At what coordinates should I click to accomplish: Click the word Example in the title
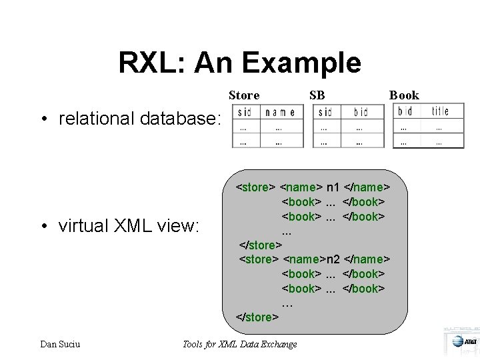301,63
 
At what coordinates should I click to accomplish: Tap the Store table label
244,95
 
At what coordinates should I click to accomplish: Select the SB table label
317,95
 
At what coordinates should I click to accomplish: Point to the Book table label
404,95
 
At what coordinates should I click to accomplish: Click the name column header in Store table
279,112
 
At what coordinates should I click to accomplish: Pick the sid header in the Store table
245,112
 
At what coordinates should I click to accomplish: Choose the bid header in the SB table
361,112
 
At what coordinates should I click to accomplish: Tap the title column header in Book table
440,111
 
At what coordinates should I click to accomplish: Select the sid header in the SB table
325,112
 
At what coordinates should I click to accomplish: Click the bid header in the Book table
405,111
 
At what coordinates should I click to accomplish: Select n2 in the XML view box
334,259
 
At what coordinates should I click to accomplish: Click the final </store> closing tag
258,317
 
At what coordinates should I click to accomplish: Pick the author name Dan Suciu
60,344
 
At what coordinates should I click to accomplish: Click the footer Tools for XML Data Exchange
239,344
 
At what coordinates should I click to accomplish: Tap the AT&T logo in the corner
462,341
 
